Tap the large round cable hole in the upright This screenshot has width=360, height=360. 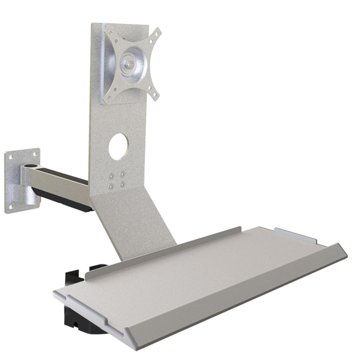pos(119,147)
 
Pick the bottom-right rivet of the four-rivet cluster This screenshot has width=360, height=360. pos(123,184)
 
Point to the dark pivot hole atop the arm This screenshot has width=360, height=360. pos(32,167)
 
